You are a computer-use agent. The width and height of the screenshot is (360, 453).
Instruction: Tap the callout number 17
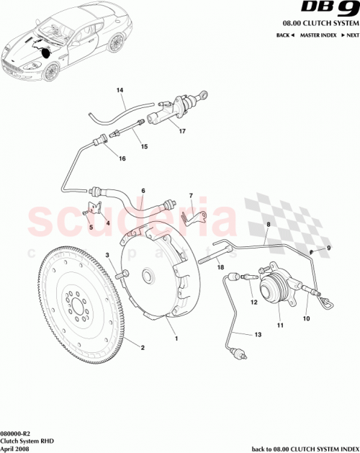[x=182, y=131]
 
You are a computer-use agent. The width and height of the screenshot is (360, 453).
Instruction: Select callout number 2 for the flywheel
[x=142, y=348]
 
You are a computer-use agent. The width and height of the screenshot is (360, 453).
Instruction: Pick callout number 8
[x=267, y=225]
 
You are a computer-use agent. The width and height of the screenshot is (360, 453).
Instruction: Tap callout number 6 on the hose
[x=143, y=191]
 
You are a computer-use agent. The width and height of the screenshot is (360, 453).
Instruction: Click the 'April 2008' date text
[x=15, y=448]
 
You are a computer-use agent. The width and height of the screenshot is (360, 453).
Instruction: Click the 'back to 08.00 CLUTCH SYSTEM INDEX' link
[x=303, y=448]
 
